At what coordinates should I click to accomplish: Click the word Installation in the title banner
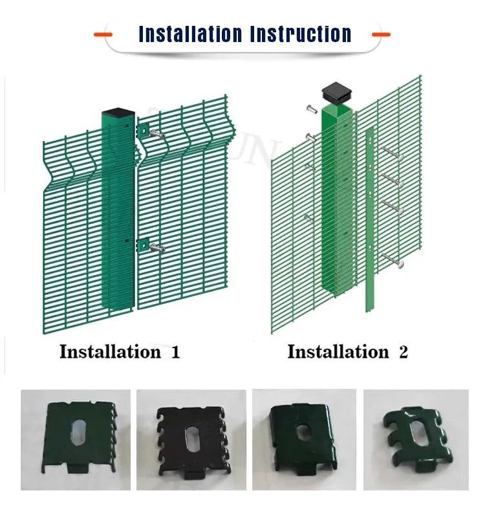pyautogui.click(x=191, y=34)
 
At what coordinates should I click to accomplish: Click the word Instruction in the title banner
pyautogui.click(x=301, y=34)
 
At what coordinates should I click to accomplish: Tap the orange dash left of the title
pyautogui.click(x=103, y=34)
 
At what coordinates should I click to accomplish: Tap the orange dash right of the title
pyautogui.click(x=382, y=34)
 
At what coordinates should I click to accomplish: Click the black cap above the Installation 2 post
pyautogui.click(x=336, y=93)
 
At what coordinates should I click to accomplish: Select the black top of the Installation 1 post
pyautogui.click(x=118, y=112)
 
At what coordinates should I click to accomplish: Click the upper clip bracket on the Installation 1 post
pyautogui.click(x=143, y=131)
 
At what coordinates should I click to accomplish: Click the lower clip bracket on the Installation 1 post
pyautogui.click(x=143, y=245)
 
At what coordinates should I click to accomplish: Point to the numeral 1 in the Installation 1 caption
pyautogui.click(x=176, y=352)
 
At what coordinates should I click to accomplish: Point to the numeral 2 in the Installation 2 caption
pyautogui.click(x=404, y=352)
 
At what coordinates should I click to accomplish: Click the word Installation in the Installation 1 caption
pyautogui.click(x=111, y=351)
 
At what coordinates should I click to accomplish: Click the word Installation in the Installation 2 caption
pyautogui.click(x=338, y=351)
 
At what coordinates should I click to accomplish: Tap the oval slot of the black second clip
pyautogui.click(x=192, y=439)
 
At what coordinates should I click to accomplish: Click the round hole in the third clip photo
pyautogui.click(x=303, y=432)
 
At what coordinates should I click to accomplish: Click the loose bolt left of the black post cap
pyautogui.click(x=312, y=109)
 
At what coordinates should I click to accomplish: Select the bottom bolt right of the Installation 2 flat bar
pyautogui.click(x=393, y=260)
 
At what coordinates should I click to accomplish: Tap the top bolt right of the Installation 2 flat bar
pyautogui.click(x=393, y=153)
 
